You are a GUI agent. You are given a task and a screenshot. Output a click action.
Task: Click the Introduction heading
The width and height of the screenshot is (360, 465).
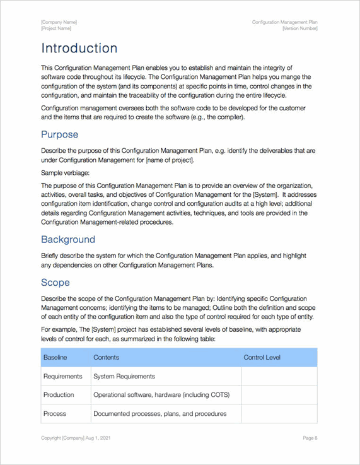79,49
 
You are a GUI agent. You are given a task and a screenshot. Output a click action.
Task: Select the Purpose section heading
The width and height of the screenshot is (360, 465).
60,134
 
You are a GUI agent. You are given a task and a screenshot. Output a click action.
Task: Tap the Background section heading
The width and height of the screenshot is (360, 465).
68,240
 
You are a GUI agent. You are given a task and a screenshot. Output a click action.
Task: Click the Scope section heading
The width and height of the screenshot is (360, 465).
55,282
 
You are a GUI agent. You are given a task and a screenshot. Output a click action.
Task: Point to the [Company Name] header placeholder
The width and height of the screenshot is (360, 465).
59,22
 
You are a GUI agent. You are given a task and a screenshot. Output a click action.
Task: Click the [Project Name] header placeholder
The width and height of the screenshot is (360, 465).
56,28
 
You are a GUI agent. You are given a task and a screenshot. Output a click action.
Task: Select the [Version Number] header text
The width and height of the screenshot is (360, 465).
299,28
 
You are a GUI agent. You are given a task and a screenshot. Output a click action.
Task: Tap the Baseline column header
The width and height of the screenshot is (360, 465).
55,358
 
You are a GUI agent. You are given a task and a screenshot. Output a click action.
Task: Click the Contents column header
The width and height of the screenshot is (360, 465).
106,358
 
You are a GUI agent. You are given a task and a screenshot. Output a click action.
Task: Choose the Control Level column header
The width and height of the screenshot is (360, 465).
262,358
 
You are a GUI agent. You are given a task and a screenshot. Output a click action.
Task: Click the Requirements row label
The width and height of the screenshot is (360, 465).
62,377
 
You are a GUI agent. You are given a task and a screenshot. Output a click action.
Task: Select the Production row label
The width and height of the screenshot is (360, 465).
59,395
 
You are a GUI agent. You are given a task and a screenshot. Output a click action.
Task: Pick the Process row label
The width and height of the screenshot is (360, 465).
54,414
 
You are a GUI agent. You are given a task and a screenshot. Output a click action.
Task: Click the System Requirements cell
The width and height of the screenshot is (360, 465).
124,377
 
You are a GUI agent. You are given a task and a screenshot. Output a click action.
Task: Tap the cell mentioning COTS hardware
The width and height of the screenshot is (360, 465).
161,395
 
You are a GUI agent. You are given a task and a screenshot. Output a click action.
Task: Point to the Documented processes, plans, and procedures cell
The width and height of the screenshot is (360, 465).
160,414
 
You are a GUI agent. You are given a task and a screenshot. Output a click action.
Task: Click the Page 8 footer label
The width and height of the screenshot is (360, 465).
310,438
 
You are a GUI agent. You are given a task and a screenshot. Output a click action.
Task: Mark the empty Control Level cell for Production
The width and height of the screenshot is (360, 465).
279,395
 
